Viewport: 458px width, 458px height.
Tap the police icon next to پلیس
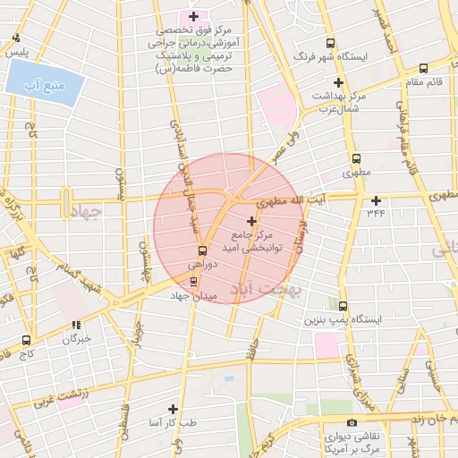tap(17, 38)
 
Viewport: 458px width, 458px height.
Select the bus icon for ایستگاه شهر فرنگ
tap(331, 42)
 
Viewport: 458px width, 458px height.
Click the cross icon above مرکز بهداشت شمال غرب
tap(338, 82)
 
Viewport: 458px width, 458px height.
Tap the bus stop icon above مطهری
tap(356, 156)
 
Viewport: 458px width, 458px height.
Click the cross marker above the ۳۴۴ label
tap(376, 200)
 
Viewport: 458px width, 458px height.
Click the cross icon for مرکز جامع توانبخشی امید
tap(250, 220)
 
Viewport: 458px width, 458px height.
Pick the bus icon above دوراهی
tap(202, 250)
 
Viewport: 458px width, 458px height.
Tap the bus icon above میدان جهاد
tap(194, 281)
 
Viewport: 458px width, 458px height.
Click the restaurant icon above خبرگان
tap(76, 325)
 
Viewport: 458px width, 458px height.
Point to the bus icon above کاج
tap(25, 340)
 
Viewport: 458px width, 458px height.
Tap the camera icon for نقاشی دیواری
tap(352, 422)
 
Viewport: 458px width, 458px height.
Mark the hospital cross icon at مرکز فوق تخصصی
tap(193, 16)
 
